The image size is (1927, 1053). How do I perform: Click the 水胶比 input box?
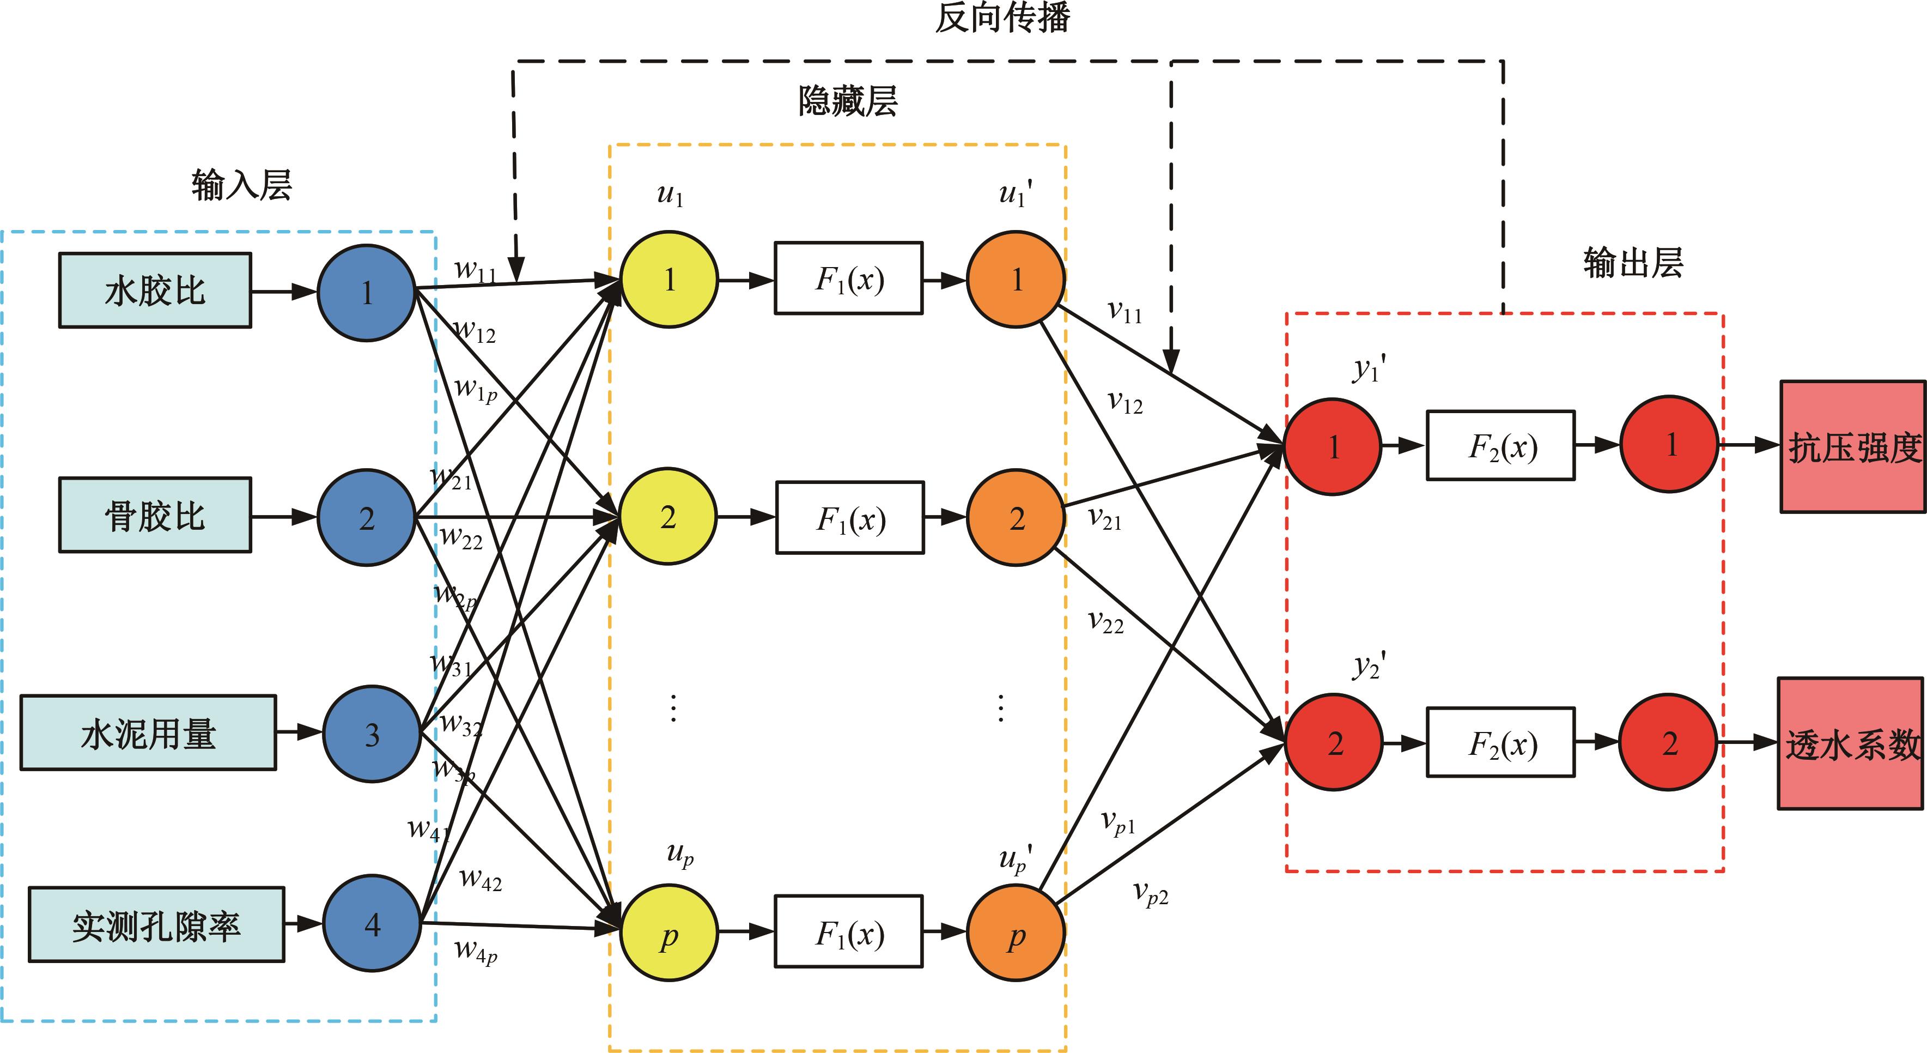click(155, 291)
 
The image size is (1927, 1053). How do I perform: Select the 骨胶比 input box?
click(155, 516)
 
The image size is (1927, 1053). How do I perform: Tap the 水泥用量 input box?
click(148, 733)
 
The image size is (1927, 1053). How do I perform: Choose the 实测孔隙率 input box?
click(156, 925)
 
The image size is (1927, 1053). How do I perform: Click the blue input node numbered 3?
click(372, 734)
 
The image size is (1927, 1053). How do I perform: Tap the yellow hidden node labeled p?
click(669, 933)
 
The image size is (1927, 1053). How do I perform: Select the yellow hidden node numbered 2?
click(668, 516)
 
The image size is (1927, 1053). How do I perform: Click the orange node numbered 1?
click(1016, 279)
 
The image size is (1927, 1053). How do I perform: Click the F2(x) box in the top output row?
click(1500, 445)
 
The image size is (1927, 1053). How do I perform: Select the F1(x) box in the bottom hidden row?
click(849, 932)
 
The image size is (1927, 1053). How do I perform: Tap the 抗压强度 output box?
click(1853, 447)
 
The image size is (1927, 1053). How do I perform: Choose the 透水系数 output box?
click(1851, 744)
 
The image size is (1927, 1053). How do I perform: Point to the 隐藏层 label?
click(848, 101)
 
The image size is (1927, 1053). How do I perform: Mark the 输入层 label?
click(241, 185)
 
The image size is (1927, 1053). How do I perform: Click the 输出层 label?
click(1633, 263)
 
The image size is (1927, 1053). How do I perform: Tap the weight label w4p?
click(476, 951)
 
